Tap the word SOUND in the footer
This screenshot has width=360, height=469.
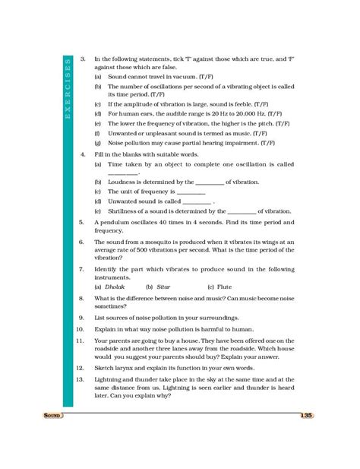click(52, 417)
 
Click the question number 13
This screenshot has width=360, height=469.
click(80, 377)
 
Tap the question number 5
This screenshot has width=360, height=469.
click(81, 222)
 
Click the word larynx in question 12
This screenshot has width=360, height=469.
click(126, 367)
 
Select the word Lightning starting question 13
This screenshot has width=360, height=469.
click(112, 378)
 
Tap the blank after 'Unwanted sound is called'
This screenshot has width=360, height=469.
click(197, 203)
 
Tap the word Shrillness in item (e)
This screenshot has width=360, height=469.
click(125, 211)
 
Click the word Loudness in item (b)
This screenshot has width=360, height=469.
click(124, 182)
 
